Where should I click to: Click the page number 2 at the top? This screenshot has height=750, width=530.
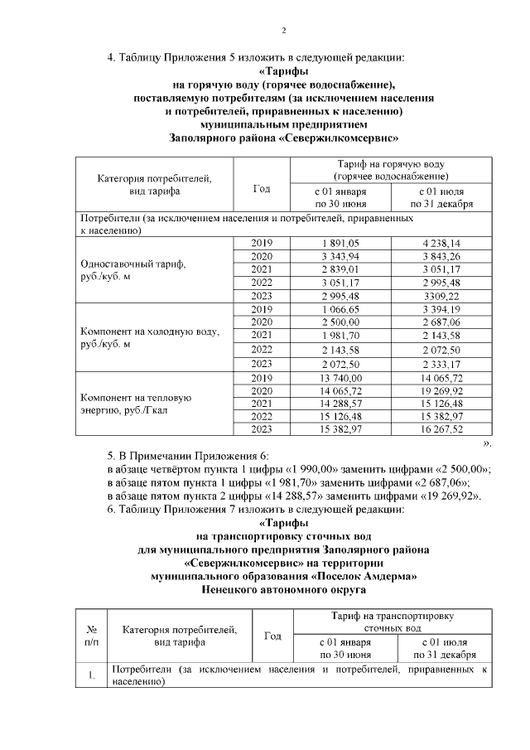pyautogui.click(x=283, y=31)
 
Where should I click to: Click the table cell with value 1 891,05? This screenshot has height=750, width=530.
pyautogui.click(x=341, y=243)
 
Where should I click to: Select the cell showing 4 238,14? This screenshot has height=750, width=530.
pyautogui.click(x=441, y=243)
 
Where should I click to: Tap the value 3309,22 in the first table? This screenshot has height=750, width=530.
pyautogui.click(x=441, y=296)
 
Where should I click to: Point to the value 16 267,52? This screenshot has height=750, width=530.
pyautogui.click(x=441, y=428)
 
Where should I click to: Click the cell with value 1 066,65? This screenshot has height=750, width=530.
pyautogui.click(x=341, y=309)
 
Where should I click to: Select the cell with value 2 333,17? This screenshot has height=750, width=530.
pyautogui.click(x=441, y=362)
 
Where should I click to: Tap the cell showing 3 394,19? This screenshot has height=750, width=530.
pyautogui.click(x=441, y=309)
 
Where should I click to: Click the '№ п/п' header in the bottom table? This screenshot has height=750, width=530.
pyautogui.click(x=91, y=636)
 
